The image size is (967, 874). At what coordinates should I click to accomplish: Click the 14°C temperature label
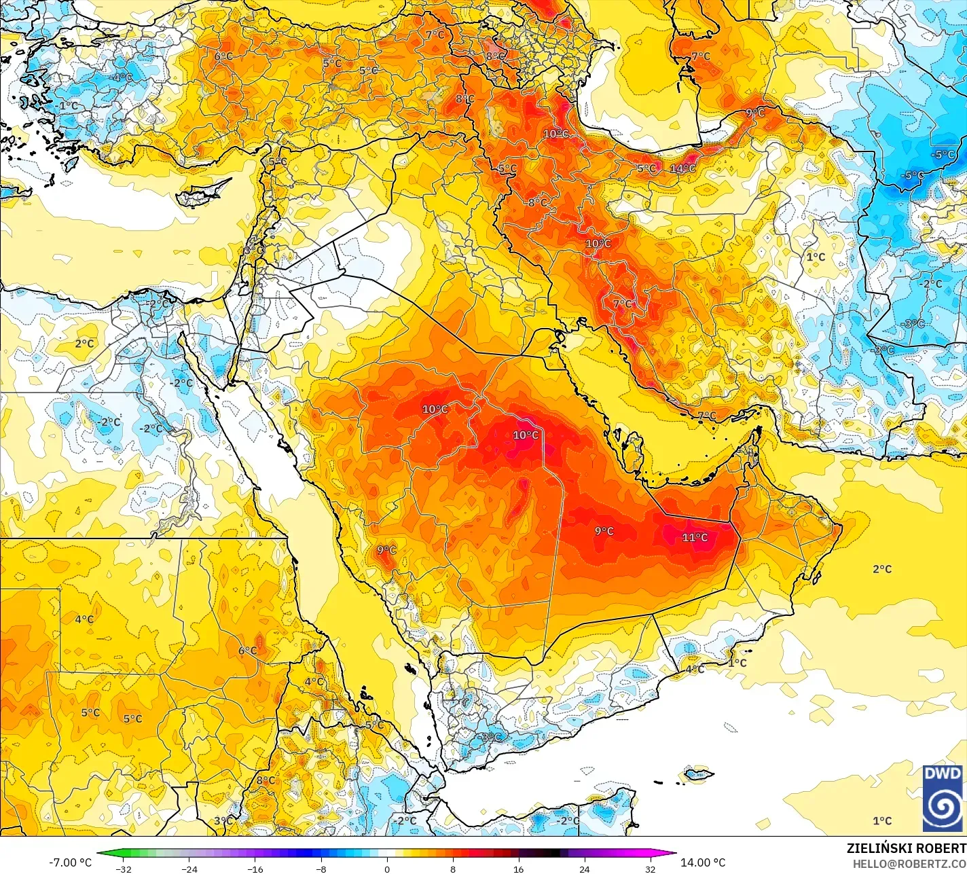coord(683,168)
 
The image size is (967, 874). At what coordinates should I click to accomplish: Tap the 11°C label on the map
coord(695,537)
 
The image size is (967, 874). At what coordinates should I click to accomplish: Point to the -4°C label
coord(122,77)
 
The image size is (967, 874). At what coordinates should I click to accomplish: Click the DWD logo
coord(943,798)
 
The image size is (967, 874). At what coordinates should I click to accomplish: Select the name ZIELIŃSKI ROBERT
coord(906,848)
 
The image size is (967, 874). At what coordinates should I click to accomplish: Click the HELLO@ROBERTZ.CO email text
coord(909,863)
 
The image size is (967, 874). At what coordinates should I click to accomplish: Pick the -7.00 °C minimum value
coord(70,862)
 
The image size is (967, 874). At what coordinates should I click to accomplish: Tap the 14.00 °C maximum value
coord(703,862)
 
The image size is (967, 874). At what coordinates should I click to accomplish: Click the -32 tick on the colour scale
coord(123,869)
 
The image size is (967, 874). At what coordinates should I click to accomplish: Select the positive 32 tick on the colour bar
coord(650,869)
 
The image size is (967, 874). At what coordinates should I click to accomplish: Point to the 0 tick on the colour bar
coord(386,869)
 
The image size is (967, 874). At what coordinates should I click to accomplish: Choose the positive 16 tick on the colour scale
coord(518,869)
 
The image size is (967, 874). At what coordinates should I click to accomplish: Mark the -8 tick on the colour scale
coord(321,869)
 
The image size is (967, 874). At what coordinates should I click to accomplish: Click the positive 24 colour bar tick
coord(584,869)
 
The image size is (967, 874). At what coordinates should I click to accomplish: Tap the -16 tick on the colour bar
coord(255,869)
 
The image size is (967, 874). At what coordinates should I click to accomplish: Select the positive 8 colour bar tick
coord(452,869)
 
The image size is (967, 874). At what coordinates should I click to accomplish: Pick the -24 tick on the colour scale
coord(189,869)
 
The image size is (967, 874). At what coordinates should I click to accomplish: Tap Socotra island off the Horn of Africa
coord(698,773)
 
